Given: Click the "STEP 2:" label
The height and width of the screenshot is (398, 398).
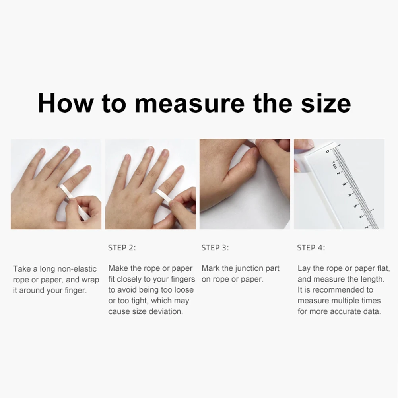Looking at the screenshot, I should [x=122, y=248].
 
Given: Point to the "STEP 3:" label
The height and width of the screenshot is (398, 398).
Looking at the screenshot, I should [x=215, y=248].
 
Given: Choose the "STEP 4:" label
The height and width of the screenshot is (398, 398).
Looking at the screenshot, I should [x=311, y=248].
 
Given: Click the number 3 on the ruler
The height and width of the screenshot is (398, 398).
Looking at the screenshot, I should [x=344, y=184].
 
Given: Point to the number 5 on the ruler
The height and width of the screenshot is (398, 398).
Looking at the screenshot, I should [x=355, y=206].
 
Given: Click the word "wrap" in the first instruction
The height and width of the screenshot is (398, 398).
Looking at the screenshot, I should [x=90, y=280].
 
